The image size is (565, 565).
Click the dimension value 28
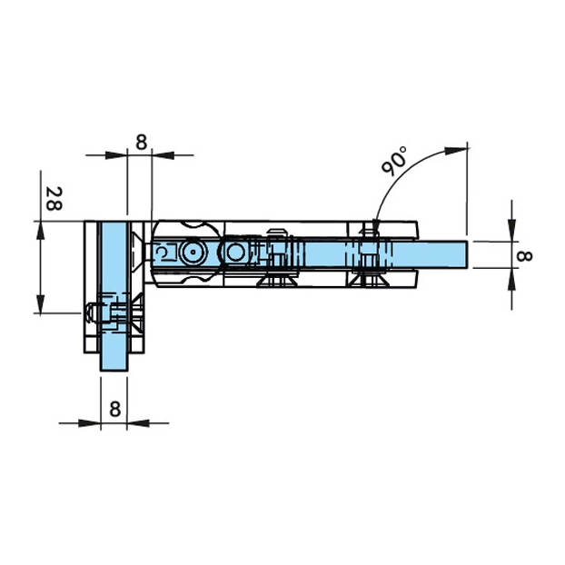54,198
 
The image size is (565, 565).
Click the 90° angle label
394,161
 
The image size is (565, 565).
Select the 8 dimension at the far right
524,256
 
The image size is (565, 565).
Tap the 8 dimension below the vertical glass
115,410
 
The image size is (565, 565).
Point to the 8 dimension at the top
142,142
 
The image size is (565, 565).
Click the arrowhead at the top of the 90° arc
455,151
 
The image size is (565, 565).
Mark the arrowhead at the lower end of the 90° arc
375,225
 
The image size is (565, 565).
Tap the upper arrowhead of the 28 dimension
40,231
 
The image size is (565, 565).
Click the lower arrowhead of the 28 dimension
40,303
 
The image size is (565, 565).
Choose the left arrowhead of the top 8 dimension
116,155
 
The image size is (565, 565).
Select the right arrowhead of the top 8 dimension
164,155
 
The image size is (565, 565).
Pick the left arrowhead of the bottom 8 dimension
89,423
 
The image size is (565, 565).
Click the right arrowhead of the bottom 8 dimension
138,423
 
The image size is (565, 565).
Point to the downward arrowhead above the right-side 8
511,230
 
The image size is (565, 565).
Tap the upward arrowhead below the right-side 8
511,280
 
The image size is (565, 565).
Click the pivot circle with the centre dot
193,252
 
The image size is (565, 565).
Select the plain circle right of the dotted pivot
235,252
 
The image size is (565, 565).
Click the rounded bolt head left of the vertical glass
89,312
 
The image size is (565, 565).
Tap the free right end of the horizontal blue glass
467,254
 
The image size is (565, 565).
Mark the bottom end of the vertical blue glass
114,370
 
